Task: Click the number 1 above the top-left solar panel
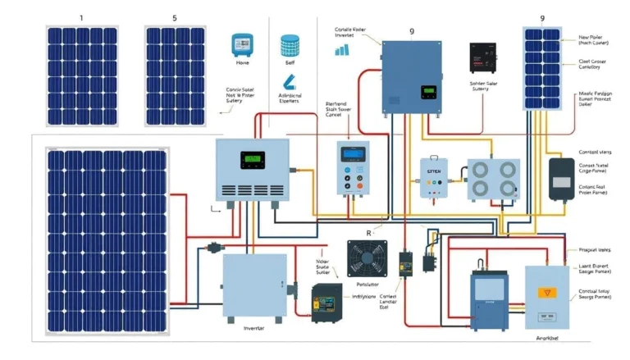coord(80,16)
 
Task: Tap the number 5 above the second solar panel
coord(174,16)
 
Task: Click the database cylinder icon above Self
coord(290,44)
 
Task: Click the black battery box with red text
coord(485,58)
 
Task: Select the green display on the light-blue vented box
coord(253,161)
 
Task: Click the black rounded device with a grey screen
coord(562,180)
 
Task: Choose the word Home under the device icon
coord(242,62)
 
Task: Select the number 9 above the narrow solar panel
coord(542,17)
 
